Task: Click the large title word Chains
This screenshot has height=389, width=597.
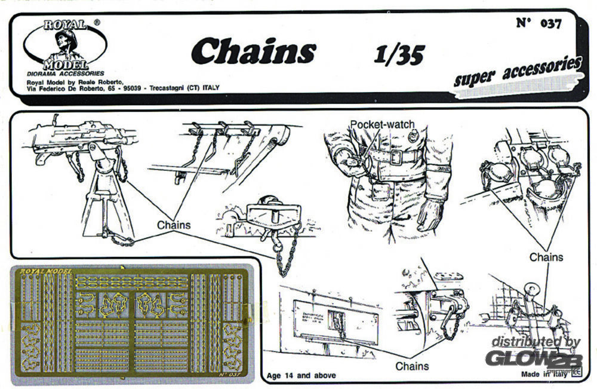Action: (253, 51)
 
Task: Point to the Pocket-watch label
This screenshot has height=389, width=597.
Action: (382, 124)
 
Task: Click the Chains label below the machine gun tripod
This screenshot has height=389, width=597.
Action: (174, 225)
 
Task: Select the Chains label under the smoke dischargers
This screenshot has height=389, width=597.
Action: (546, 257)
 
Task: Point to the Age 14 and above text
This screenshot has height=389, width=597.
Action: (301, 375)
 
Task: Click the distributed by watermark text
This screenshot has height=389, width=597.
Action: (536, 342)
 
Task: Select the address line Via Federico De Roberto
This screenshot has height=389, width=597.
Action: (123, 88)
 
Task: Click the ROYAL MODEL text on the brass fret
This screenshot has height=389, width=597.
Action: (45, 272)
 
